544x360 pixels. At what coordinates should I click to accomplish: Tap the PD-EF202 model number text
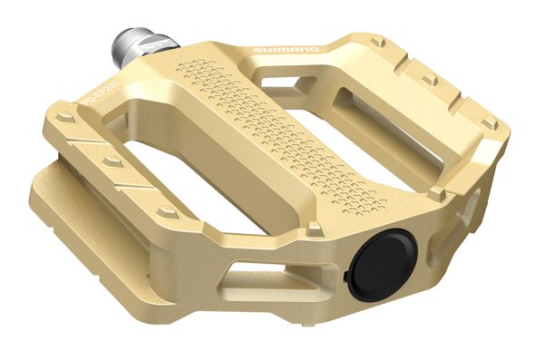pyautogui.click(x=98, y=92)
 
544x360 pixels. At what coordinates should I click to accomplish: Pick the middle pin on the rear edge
pyautogui.click(x=429, y=79)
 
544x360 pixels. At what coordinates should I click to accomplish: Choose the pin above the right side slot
pyautogui.click(x=436, y=193)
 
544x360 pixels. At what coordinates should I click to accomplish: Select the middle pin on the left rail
pyautogui.click(x=112, y=161)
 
